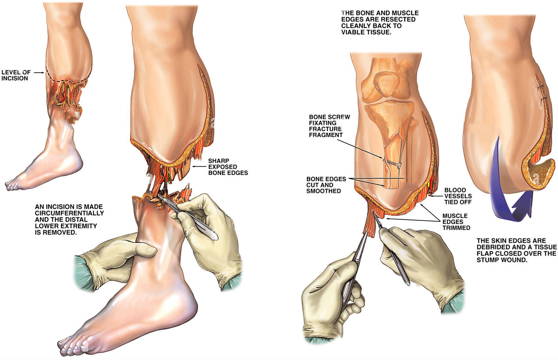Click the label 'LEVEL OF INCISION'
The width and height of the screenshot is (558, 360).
(x=16, y=75)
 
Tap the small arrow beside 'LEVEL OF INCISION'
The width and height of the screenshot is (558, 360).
(x=39, y=73)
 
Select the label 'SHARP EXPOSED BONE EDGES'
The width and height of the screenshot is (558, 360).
(x=228, y=167)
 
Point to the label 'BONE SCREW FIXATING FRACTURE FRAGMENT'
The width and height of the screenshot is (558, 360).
(x=329, y=126)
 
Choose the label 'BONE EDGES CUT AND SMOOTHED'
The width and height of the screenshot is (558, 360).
(x=326, y=185)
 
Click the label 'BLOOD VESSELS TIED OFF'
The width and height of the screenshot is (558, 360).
(x=458, y=196)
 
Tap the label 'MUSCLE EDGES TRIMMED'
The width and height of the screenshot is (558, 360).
(x=456, y=222)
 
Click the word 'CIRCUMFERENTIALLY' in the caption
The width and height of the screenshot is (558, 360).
(x=69, y=213)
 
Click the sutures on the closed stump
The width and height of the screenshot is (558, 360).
(x=541, y=92)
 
